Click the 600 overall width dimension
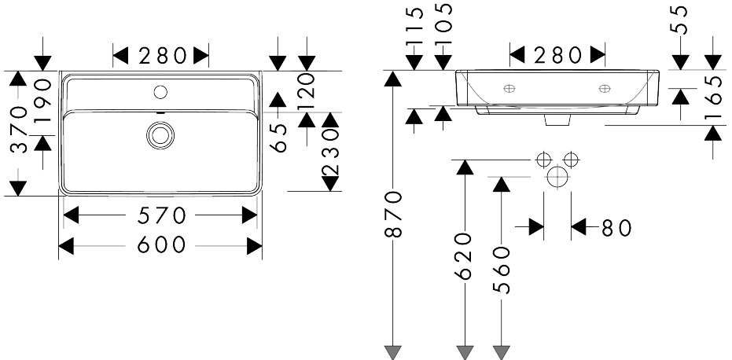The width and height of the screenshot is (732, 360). (161, 244)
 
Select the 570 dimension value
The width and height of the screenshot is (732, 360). (161, 215)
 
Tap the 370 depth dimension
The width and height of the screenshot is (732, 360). (18, 130)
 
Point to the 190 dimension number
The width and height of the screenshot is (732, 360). (42, 101)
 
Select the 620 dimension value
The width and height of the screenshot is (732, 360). (465, 256)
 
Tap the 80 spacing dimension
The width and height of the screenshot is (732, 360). (616, 228)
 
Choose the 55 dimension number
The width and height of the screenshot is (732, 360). (681, 20)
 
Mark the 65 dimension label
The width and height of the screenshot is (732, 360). (278, 138)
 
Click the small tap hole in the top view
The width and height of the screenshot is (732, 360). (160, 93)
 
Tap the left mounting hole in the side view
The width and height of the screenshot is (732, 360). (509, 88)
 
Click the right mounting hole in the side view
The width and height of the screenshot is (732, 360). (605, 88)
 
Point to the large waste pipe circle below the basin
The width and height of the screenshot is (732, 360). (557, 177)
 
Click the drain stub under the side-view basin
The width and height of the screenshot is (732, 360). (557, 120)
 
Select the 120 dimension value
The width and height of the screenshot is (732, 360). (307, 86)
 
